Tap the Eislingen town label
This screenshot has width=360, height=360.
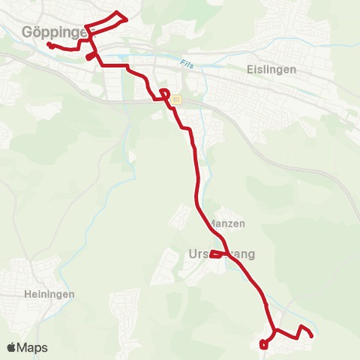[x=271, y=69]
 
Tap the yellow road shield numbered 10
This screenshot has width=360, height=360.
[x=175, y=100]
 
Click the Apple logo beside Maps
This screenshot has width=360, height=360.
[x=12, y=347]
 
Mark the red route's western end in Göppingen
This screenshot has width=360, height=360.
[x=49, y=45]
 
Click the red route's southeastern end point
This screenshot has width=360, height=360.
[x=311, y=335]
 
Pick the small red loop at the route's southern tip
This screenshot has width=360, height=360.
[x=263, y=344]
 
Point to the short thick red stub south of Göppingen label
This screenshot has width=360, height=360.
[x=90, y=55]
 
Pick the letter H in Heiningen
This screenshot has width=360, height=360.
[x=26, y=294]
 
